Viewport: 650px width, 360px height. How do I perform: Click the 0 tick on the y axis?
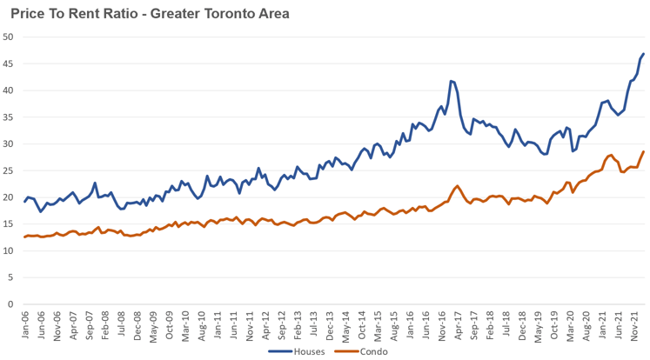10,304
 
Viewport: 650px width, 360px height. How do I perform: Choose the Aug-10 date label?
201,325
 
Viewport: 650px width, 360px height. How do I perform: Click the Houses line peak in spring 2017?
451,81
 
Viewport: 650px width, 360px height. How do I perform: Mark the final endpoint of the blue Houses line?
644,54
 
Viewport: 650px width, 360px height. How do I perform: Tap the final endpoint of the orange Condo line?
644,151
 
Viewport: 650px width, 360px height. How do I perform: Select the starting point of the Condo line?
24,237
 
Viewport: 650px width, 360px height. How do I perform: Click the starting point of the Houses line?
24,202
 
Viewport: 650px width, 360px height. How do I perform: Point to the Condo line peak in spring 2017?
457,186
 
